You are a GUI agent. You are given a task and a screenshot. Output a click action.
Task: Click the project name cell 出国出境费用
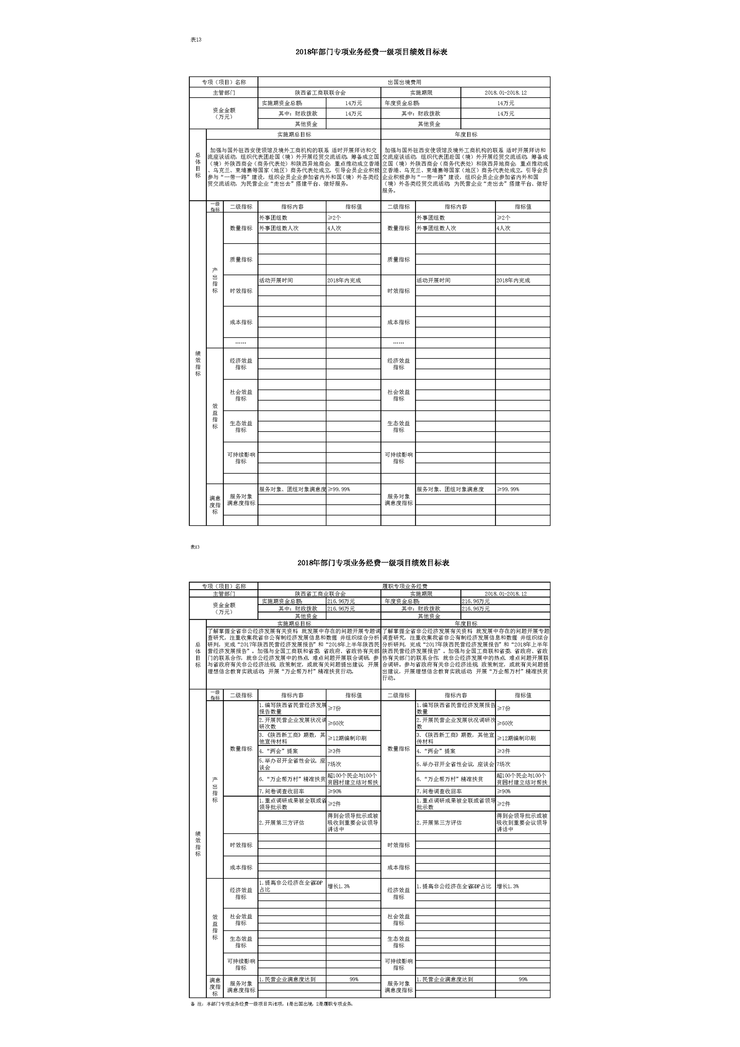point(404,82)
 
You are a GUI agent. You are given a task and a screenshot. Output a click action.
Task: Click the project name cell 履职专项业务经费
point(404,586)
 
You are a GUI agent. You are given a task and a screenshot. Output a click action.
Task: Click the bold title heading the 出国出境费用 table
point(372,52)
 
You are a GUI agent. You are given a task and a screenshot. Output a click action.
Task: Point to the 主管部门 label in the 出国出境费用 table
point(224,93)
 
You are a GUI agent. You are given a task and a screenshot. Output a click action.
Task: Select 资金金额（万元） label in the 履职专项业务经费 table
point(224,608)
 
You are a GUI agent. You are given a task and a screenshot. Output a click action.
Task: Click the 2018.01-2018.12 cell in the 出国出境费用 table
point(505,93)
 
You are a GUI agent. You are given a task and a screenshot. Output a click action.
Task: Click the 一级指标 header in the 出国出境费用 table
point(215,206)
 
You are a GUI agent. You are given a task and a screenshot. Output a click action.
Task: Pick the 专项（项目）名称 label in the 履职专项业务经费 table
point(224,586)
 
